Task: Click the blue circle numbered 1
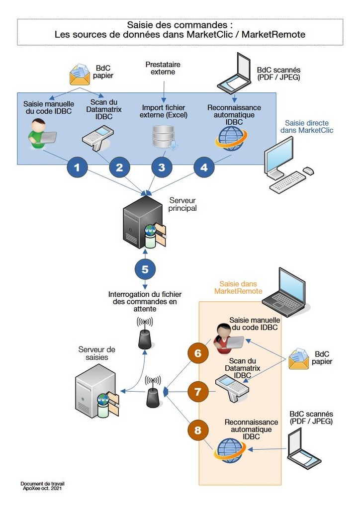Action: click(77, 168)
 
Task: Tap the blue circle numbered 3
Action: click(162, 168)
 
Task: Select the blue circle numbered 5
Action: click(145, 269)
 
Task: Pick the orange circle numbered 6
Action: click(198, 353)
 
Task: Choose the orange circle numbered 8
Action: click(198, 430)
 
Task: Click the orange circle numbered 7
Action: click(198, 392)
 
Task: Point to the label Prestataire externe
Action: click(163, 68)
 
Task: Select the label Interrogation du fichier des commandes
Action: click(143, 302)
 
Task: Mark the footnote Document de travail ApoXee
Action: click(42, 486)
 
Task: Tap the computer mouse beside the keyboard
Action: click(308, 170)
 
